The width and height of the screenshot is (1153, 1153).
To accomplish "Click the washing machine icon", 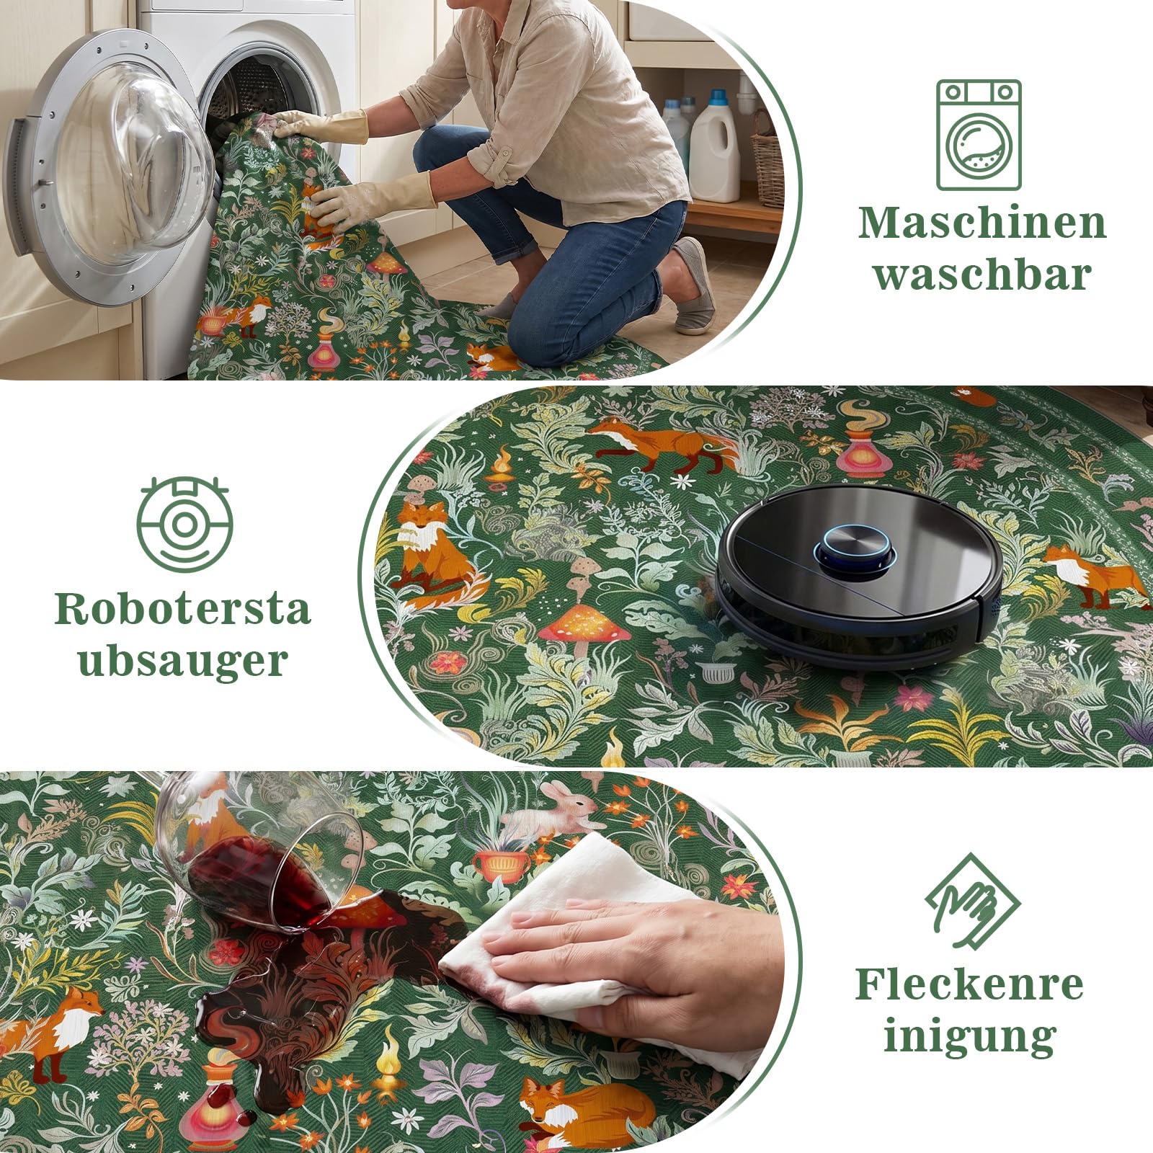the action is pyautogui.click(x=979, y=135).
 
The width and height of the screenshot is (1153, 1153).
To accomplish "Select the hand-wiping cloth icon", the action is pyautogui.click(x=972, y=902).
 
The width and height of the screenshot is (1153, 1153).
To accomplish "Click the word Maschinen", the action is pyautogui.click(x=982, y=223).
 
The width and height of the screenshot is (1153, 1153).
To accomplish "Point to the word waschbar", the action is pyautogui.click(x=982, y=275).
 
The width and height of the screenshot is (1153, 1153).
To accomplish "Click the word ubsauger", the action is pyautogui.click(x=183, y=662).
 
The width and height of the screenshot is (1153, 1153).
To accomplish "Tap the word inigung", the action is pyautogui.click(x=969, y=1037).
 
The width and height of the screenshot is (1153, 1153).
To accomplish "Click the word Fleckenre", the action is pyautogui.click(x=969, y=985).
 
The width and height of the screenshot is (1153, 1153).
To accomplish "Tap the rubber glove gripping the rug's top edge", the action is pyautogui.click(x=321, y=126).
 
